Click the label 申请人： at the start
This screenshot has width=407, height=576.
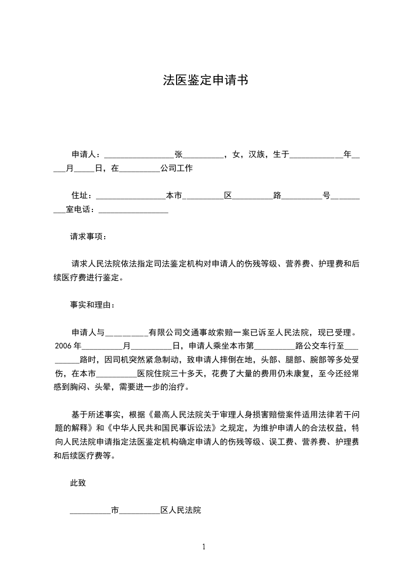[x=88, y=154]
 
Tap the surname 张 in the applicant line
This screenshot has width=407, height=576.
[x=179, y=154]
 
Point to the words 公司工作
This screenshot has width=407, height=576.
[x=176, y=168]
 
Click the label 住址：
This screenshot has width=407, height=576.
[x=83, y=196]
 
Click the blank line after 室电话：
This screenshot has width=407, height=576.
[x=133, y=210]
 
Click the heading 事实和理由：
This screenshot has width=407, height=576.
[x=93, y=304]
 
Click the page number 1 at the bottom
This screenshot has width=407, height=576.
[x=204, y=547]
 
